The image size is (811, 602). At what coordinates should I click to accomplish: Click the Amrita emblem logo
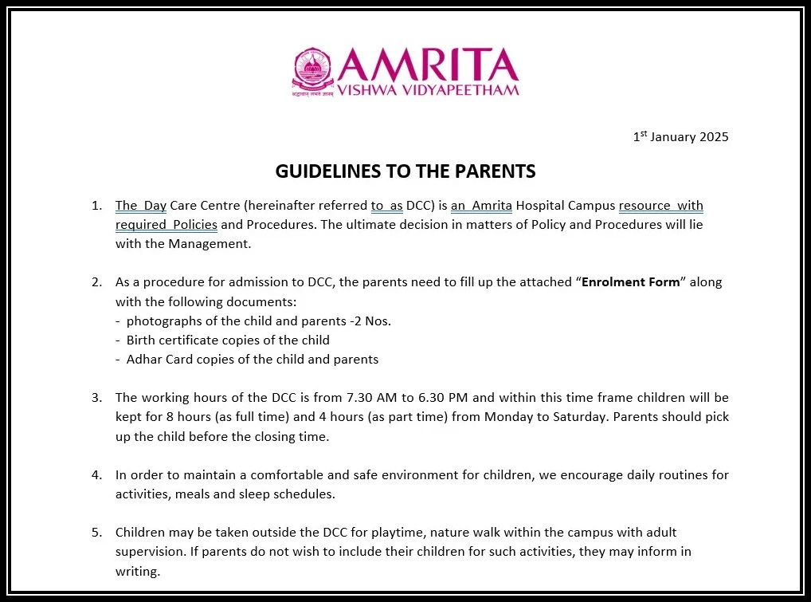click(313, 72)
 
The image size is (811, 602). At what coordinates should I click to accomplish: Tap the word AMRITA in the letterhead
click(428, 64)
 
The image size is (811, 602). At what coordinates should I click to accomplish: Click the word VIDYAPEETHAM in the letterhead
click(469, 89)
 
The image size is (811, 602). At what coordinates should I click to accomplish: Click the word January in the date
click(672, 137)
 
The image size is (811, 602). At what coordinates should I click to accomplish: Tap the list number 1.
click(96, 206)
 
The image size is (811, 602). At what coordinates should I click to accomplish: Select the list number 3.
click(96, 397)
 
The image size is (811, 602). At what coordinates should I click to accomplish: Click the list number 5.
click(96, 532)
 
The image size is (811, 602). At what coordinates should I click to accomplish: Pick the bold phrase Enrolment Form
click(631, 282)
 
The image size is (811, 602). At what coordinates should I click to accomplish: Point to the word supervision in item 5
click(148, 551)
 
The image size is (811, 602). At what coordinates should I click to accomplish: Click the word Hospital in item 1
click(539, 206)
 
